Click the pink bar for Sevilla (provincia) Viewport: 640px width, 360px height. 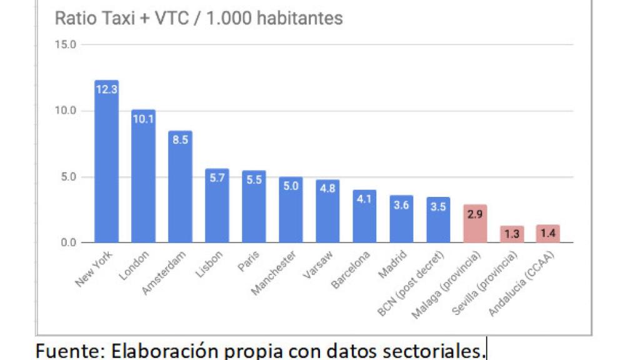pyautogui.click(x=512, y=234)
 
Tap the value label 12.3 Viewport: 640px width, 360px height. pyautogui.click(x=106, y=89)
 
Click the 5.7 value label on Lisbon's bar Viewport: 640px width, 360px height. pyautogui.click(x=217, y=178)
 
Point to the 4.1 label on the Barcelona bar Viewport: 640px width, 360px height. pyautogui.click(x=364, y=199)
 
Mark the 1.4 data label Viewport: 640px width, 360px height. pyautogui.click(x=548, y=234)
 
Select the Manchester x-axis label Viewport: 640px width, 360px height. pyautogui.click(x=273, y=272)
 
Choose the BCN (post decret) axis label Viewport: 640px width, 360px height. pyautogui.click(x=412, y=282)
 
